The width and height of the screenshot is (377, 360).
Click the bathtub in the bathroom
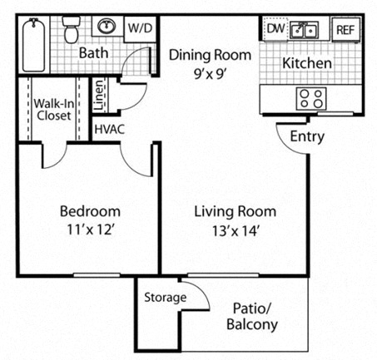pos(32,43)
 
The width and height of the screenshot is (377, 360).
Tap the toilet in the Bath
pos(72,32)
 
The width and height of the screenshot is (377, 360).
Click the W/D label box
pos(138,28)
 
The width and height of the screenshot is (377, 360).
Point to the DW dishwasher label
pos(275,29)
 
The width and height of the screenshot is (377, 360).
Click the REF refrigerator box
pos(344,30)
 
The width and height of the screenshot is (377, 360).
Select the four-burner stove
pos(311,98)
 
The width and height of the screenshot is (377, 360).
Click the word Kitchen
pos(307,63)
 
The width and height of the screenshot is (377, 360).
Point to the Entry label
pos(307,137)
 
